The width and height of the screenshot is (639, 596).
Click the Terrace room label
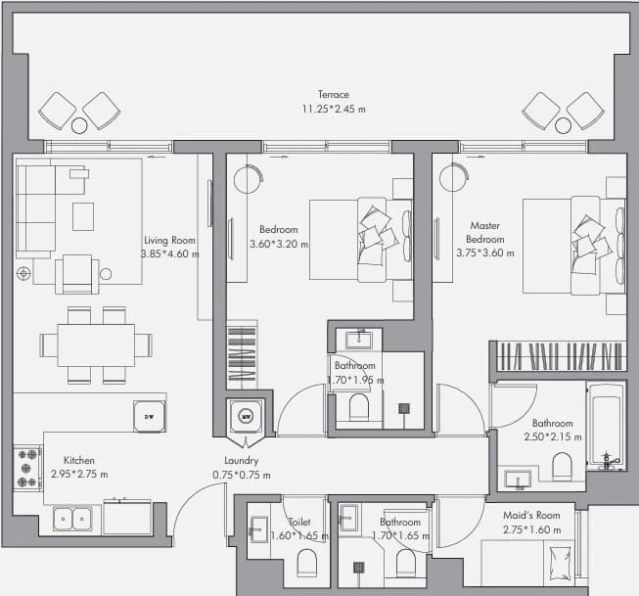pyautogui.click(x=334, y=94)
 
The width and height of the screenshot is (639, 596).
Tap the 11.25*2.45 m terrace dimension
pyautogui.click(x=334, y=109)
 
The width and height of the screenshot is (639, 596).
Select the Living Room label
pyautogui.click(x=169, y=240)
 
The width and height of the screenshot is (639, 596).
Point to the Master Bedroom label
pyautogui.click(x=485, y=232)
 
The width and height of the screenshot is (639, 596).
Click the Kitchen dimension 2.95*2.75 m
pyautogui.click(x=79, y=474)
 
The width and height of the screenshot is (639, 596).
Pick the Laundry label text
pyautogui.click(x=242, y=461)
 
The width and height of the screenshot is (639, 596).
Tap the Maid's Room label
pyautogui.click(x=531, y=516)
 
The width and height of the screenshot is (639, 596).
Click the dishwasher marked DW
pyautogui.click(x=150, y=417)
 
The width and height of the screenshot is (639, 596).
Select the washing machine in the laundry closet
pyautogui.click(x=246, y=416)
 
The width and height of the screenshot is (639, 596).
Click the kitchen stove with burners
pyautogui.click(x=27, y=469)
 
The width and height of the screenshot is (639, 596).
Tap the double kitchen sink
pyautogui.click(x=72, y=519)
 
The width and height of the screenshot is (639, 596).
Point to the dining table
pyautogui.click(x=96, y=345)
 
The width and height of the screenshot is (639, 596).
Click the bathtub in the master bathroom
pyautogui.click(x=606, y=427)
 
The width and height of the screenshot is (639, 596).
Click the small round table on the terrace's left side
pyautogui.click(x=79, y=125)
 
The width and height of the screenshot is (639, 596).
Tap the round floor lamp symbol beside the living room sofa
pyautogui.click(x=23, y=274)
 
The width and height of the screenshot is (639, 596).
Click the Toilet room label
pyautogui.click(x=299, y=522)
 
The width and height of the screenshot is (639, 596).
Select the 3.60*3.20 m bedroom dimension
pyautogui.click(x=279, y=245)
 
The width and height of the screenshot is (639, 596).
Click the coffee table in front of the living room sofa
pyautogui.click(x=83, y=216)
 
